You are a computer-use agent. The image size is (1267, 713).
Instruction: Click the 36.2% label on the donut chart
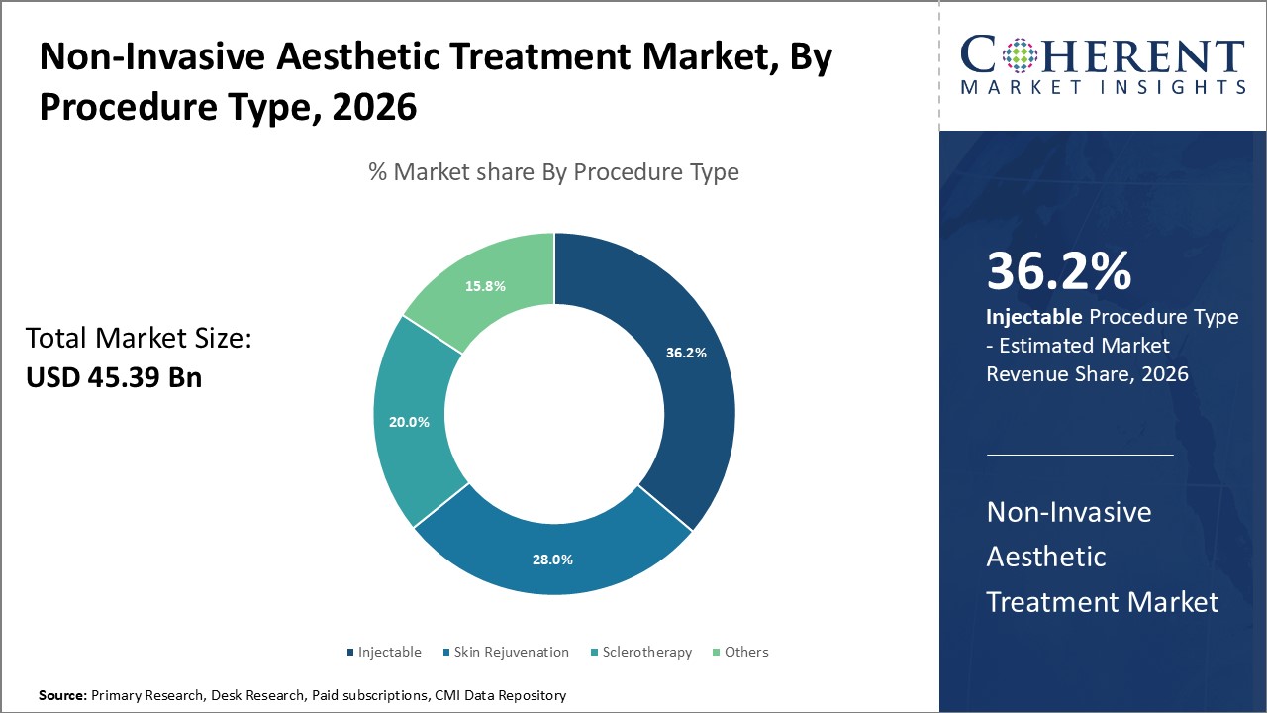coord(686,353)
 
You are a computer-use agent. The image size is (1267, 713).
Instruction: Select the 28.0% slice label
coord(552,560)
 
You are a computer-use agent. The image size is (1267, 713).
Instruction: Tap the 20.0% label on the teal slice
coord(409,422)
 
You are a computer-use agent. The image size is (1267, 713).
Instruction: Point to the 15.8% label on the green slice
coord(485,286)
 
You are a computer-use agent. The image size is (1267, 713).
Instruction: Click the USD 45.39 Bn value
coord(114,377)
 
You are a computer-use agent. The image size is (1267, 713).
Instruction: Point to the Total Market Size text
coord(139,339)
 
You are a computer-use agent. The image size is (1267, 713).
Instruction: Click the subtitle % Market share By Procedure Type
coord(553,172)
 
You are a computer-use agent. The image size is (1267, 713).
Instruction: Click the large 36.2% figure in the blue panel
coord(1058,271)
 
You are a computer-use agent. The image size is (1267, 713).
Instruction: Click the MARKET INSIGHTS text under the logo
coord(1102,87)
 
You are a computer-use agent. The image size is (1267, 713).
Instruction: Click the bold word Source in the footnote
coord(62,696)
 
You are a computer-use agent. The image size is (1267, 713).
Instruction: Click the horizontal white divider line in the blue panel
coord(1080,455)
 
